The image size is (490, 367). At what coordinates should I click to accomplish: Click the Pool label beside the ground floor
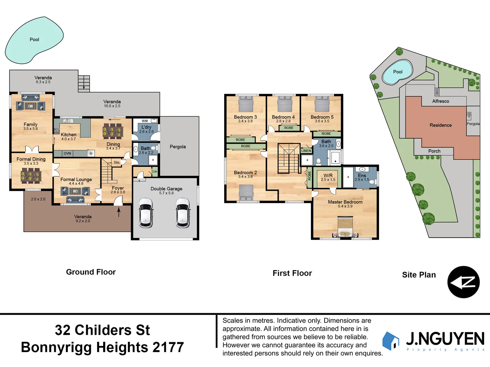[x=34, y=40]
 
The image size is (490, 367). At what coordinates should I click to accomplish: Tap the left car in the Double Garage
[x=146, y=213]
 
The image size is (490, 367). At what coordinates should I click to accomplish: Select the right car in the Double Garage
[x=183, y=213]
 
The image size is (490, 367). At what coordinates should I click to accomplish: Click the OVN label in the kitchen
[x=67, y=154]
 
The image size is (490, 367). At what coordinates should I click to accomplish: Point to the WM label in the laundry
[x=145, y=121]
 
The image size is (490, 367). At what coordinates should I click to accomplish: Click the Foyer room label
[x=118, y=188]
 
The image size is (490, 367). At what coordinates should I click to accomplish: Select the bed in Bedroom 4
[x=285, y=104]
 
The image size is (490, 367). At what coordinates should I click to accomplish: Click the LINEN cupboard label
[x=306, y=151]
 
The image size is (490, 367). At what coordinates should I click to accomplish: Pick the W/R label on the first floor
[x=328, y=176]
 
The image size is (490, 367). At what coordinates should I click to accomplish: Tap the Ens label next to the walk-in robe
[x=362, y=176]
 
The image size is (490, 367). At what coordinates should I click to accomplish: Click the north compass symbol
[x=463, y=282]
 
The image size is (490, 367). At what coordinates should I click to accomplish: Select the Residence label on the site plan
[x=441, y=125]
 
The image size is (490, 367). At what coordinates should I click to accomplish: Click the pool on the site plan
[x=397, y=72]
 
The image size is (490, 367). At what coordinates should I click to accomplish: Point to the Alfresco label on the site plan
[x=441, y=101]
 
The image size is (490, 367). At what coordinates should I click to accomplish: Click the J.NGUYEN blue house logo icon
[x=391, y=341]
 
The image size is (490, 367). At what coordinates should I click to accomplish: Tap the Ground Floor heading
[x=91, y=272]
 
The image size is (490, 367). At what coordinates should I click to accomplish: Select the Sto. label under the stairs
[x=117, y=162]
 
